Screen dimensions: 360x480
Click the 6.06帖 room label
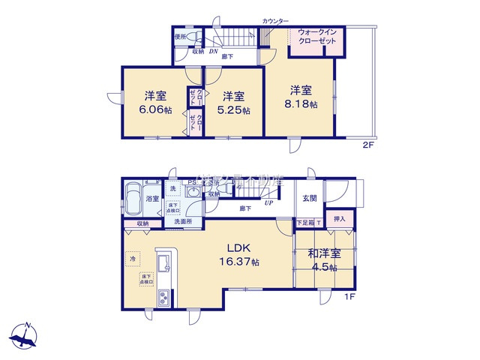tap(157, 103)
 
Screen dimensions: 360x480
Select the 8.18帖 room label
tap(304, 97)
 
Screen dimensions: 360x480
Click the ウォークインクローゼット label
tap(316, 37)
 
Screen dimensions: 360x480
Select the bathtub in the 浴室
tap(133, 199)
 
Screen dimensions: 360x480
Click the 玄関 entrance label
tap(310, 199)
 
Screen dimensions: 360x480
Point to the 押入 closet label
tap(339, 220)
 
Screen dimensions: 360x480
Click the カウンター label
tap(275, 21)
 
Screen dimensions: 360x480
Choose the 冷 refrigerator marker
tap(133, 259)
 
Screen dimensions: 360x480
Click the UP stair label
tap(268, 201)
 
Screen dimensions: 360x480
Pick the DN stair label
tap(212, 52)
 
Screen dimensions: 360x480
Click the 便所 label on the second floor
tap(180, 36)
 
